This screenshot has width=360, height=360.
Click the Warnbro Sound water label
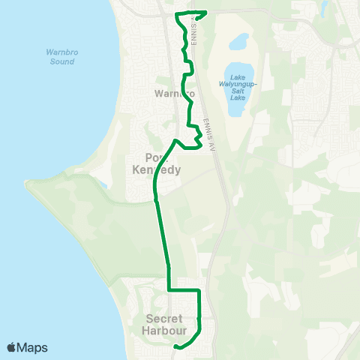[57, 56]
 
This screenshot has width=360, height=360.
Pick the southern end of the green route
[175, 346]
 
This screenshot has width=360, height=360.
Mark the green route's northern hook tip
[205, 12]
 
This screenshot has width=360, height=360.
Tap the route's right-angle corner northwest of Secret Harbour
[169, 289]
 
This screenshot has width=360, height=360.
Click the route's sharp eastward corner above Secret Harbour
[199, 289]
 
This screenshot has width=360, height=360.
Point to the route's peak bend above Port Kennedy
[175, 140]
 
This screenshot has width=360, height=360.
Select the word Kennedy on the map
[156, 170]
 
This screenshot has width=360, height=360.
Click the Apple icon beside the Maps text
[12, 347]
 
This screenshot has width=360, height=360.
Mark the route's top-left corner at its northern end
[176, 14]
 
